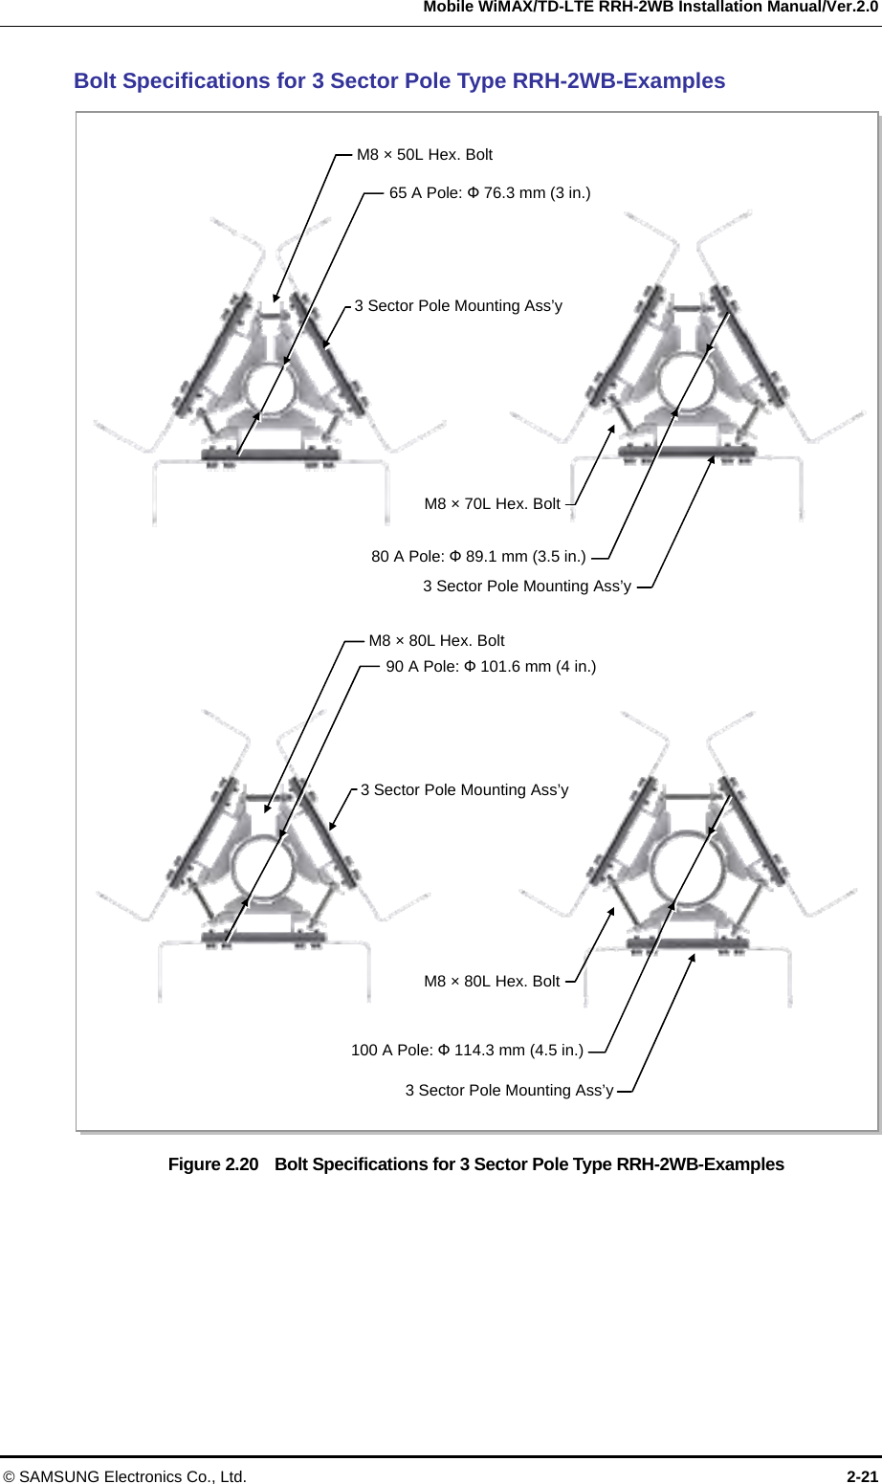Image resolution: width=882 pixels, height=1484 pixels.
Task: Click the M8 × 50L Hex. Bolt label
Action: (424, 155)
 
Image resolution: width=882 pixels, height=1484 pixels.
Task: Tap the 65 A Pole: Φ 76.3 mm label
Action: (489, 193)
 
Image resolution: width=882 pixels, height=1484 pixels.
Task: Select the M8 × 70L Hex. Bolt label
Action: (492, 504)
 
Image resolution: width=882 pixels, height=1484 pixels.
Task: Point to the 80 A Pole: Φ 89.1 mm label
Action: (478, 557)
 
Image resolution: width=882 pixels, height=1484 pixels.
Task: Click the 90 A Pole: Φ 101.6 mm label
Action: (491, 667)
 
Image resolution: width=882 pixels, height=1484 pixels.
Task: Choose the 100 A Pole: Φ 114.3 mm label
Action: (467, 1051)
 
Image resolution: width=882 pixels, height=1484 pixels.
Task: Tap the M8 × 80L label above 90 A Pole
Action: (436, 641)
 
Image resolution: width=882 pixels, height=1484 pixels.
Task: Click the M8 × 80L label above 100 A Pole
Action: (492, 982)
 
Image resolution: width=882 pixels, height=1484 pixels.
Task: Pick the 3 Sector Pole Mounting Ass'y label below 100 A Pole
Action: (509, 1091)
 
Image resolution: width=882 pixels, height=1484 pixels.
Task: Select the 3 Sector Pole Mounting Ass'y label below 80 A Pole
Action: (527, 587)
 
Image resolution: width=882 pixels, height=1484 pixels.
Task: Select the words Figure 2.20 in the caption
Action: (212, 1164)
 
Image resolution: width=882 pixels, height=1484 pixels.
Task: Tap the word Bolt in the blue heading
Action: (96, 81)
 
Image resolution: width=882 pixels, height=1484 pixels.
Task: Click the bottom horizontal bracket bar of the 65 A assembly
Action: (271, 454)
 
